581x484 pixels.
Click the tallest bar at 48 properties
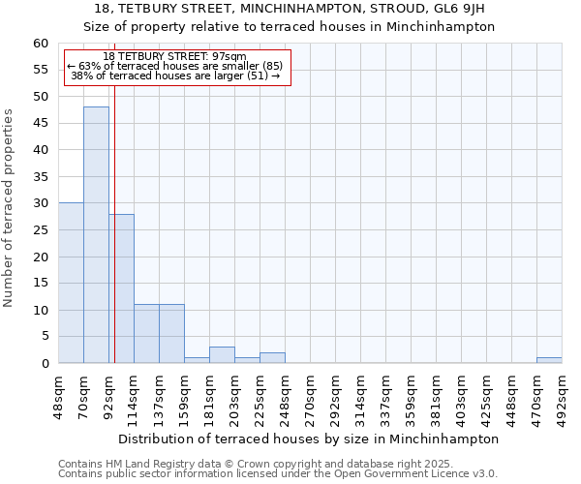pyautogui.click(x=96, y=235)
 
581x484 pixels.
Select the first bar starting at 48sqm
pyautogui.click(x=71, y=283)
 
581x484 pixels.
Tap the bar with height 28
pyautogui.click(x=122, y=288)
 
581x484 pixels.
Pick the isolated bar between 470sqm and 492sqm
pyautogui.click(x=549, y=360)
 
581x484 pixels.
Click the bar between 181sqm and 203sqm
pyautogui.click(x=222, y=355)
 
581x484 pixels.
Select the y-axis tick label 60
pyautogui.click(x=40, y=44)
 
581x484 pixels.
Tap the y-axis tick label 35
pyautogui.click(x=40, y=177)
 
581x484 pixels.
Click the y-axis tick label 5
pyautogui.click(x=44, y=337)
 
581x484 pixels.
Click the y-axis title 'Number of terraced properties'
pyautogui.click(x=9, y=207)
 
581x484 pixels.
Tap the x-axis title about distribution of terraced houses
pyautogui.click(x=310, y=439)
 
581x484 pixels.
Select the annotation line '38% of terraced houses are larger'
pyautogui.click(x=175, y=76)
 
